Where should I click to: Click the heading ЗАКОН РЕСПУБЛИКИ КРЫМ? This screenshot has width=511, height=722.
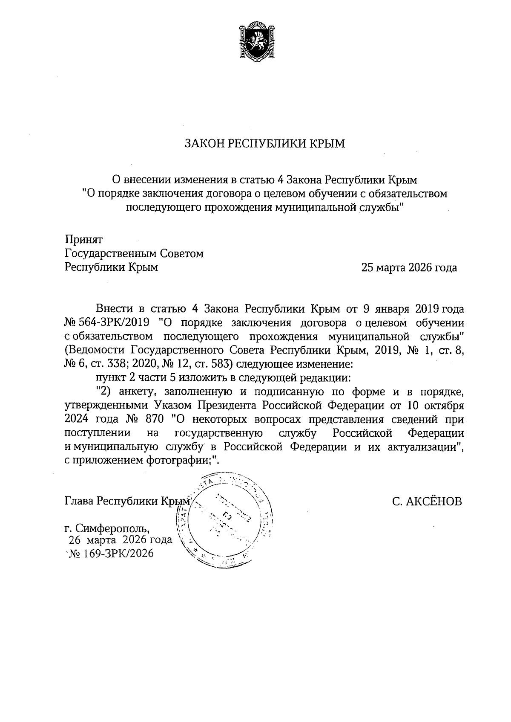pyautogui.click(x=264, y=143)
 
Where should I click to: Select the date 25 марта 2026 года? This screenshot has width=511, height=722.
pyautogui.click(x=409, y=267)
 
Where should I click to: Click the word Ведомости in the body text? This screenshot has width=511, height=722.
pyautogui.click(x=94, y=350)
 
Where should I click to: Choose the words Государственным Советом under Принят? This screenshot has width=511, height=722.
pyautogui.click(x=134, y=254)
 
